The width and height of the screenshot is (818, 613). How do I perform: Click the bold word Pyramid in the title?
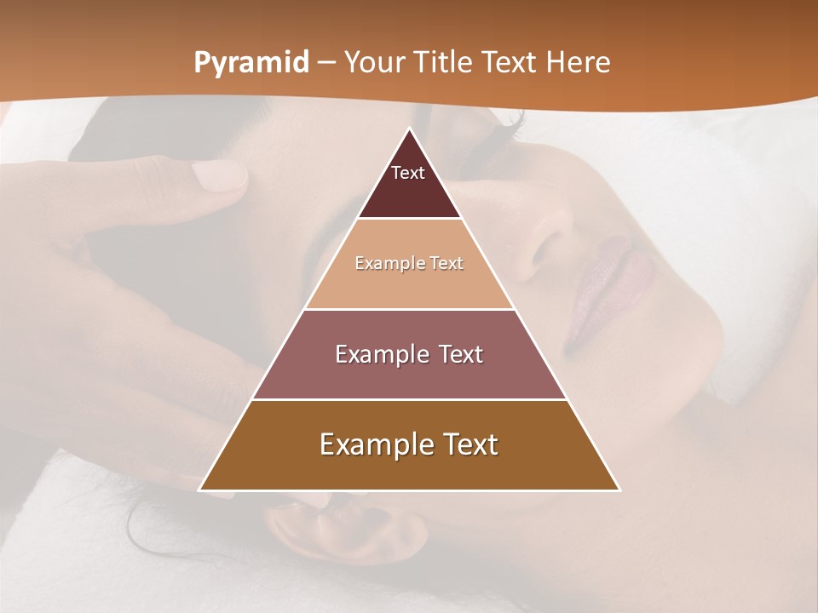[251, 63]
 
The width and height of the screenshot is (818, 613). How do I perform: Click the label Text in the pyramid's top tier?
[408, 173]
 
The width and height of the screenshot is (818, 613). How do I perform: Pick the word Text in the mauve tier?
[458, 354]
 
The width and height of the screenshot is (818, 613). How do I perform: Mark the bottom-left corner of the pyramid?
[200, 490]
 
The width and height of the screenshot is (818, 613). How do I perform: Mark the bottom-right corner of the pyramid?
[619, 490]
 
